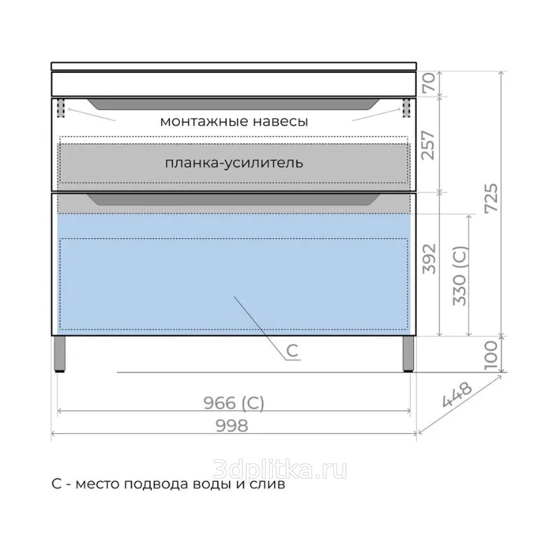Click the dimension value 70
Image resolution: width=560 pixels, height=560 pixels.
tap(430, 83)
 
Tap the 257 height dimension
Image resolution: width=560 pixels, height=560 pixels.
tap(428, 146)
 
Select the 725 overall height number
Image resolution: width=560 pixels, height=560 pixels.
tap(491, 198)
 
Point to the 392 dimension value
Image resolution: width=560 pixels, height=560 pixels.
tap(429, 259)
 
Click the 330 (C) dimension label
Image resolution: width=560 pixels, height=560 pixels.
tap(460, 276)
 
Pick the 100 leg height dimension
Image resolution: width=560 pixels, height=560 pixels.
tap(491, 355)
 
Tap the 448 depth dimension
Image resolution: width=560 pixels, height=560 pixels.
tap(457, 395)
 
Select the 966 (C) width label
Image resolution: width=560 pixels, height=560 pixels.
tap(234, 403)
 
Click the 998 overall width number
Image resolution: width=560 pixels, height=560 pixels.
tap(232, 426)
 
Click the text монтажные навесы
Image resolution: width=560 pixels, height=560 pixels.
tap(234, 121)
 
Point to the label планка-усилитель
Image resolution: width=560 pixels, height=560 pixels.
tap(234, 163)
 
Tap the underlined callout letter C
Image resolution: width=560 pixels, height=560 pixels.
tap(292, 351)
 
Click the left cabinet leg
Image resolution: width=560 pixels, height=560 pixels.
tap(59, 354)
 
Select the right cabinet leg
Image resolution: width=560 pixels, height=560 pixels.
tap(408, 354)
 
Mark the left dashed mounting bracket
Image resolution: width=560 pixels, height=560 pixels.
tap(61, 108)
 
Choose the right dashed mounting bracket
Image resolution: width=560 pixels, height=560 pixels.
tap(407, 108)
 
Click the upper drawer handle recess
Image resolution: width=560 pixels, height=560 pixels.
tap(234, 104)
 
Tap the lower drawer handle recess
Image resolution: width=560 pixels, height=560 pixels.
tap(234, 199)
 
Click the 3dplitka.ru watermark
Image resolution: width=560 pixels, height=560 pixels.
tap(279, 469)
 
